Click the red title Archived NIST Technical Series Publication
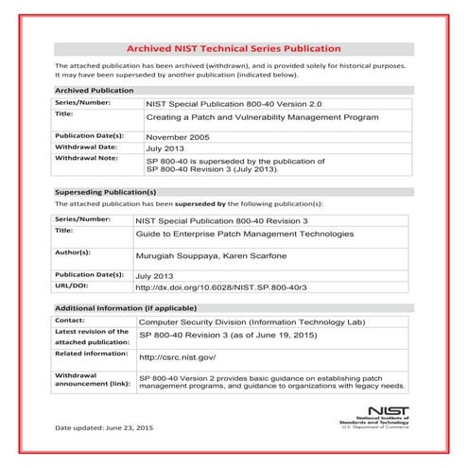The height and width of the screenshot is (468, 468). (x=234, y=46)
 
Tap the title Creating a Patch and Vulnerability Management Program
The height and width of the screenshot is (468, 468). (x=262, y=117)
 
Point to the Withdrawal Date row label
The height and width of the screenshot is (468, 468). (x=85, y=147)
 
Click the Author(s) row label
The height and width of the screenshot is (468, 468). (x=73, y=252)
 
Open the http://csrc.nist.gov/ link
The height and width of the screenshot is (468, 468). (x=178, y=357)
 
